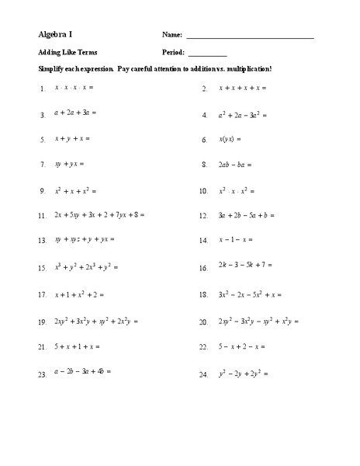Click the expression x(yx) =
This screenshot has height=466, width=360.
coord(230,140)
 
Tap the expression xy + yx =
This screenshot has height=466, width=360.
coord(69,165)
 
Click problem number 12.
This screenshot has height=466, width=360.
coord(204,216)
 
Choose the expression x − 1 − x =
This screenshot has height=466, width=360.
coord(237,241)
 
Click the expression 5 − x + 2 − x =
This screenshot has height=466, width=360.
coord(241,346)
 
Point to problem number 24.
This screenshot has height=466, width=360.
coord(204,375)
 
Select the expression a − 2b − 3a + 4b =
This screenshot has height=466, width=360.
coord(82,372)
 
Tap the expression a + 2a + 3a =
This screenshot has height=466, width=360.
coord(74,113)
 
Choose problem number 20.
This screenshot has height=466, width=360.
coord(204,322)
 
